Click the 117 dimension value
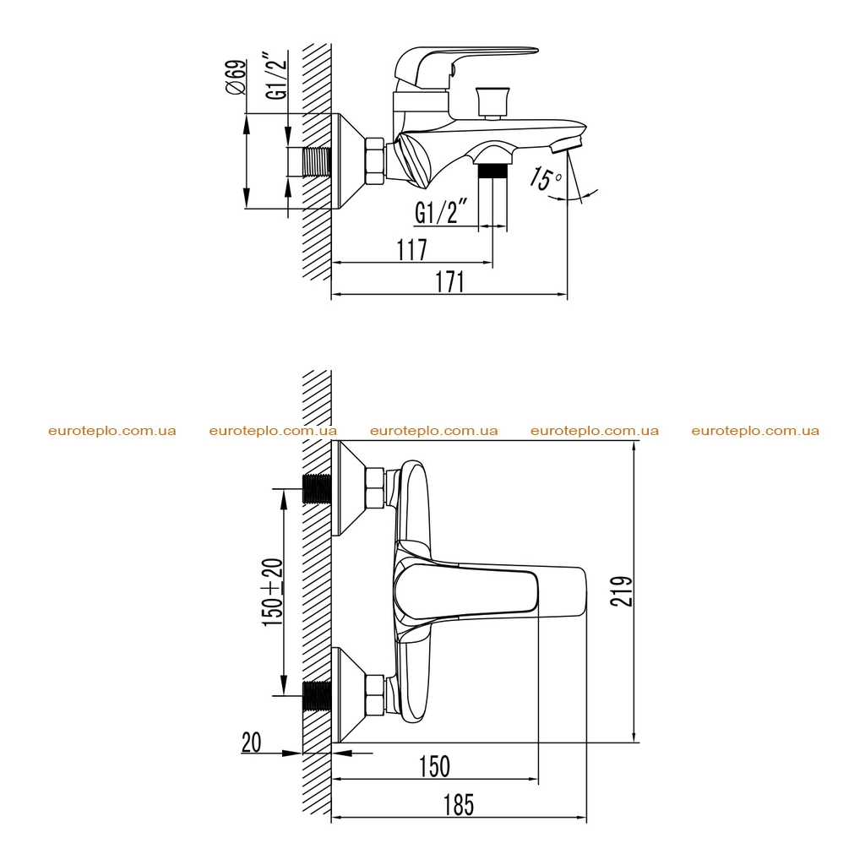(x=412, y=250)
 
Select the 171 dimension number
(x=450, y=282)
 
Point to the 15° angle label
(x=545, y=177)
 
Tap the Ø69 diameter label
(x=237, y=77)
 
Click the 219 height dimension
(x=621, y=590)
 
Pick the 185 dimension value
(x=459, y=805)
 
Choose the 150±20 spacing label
(x=273, y=592)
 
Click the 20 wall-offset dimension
(x=251, y=743)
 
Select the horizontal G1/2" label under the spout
(x=441, y=211)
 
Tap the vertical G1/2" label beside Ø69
(x=277, y=75)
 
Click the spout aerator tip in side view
(x=567, y=144)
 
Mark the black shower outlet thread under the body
(x=493, y=171)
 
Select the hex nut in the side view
(x=374, y=160)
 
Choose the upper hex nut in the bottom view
(x=374, y=489)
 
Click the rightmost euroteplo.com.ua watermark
(x=755, y=431)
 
